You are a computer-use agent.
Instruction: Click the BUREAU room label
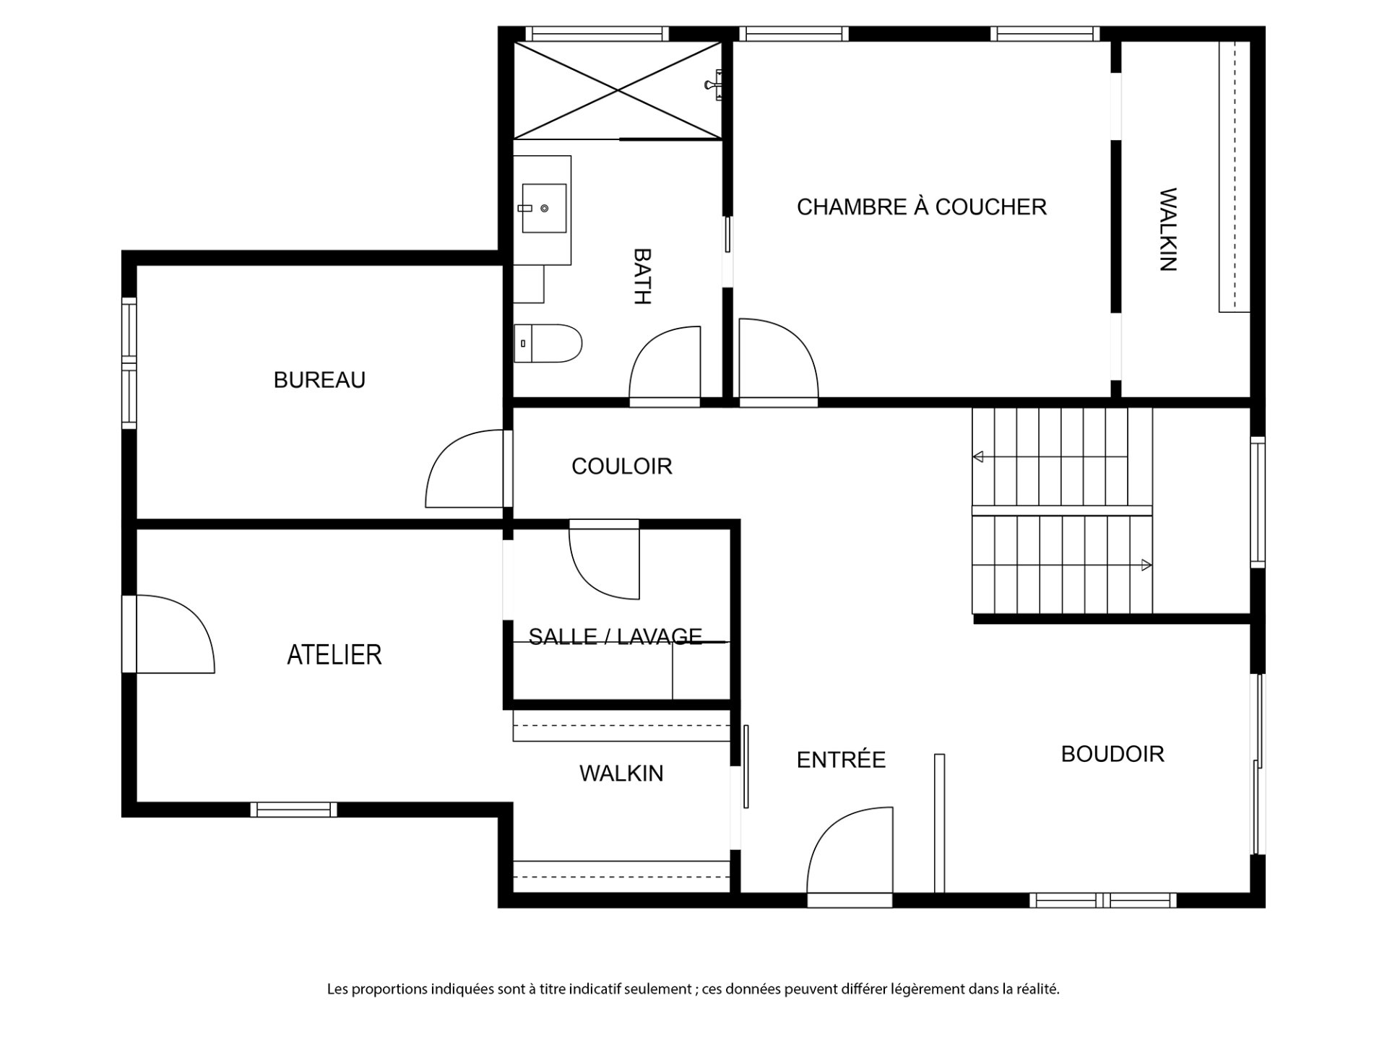[319, 380]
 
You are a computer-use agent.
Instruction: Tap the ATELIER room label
[334, 655]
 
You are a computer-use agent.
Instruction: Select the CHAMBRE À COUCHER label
[922, 207]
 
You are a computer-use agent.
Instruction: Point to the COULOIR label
[622, 467]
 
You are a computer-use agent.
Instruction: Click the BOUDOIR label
[1112, 754]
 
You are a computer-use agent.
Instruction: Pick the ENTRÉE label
[841, 759]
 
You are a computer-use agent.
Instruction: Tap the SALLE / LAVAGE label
[615, 636]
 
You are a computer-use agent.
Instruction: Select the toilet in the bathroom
[548, 343]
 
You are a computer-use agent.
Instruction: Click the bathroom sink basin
[544, 208]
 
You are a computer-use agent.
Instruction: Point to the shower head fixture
[713, 85]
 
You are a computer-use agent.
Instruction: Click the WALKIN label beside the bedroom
[1168, 230]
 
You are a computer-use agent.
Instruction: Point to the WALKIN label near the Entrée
[621, 773]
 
